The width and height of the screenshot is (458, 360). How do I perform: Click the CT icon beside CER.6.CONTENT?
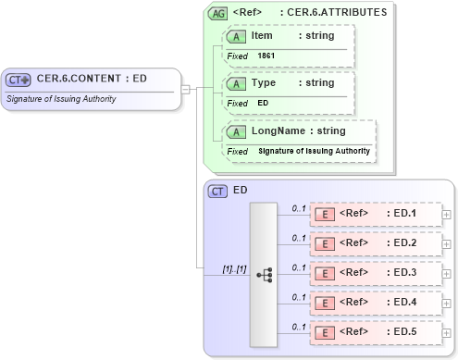click(19, 80)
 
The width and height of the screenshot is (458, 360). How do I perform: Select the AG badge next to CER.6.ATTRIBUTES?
click(218, 14)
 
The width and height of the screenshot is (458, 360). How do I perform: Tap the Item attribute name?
click(262, 34)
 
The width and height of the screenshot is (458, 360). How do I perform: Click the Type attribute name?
click(264, 82)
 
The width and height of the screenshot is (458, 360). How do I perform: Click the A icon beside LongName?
click(237, 131)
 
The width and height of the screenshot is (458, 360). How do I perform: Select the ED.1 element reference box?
click(374, 214)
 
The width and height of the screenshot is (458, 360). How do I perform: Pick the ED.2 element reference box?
click(374, 243)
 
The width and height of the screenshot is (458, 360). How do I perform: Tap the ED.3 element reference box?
click(374, 273)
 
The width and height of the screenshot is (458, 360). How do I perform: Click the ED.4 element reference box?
click(374, 303)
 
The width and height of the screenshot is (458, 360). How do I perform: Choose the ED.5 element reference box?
click(374, 332)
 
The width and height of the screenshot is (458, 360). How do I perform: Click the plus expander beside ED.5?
click(447, 333)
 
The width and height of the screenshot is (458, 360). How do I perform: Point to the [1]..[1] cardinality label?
click(234, 268)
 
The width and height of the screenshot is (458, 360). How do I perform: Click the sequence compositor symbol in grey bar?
click(265, 274)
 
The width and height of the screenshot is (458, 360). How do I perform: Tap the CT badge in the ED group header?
click(218, 191)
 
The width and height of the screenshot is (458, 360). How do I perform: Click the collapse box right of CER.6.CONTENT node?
click(186, 89)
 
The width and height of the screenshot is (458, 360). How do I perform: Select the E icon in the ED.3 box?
click(326, 273)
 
